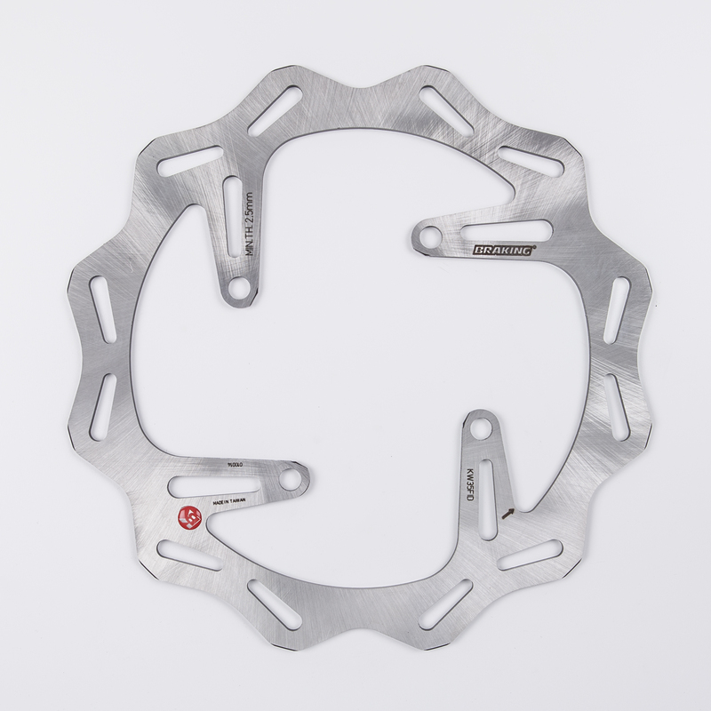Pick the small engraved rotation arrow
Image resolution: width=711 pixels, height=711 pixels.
[509, 512]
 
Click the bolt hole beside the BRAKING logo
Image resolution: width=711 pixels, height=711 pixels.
[430, 236]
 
